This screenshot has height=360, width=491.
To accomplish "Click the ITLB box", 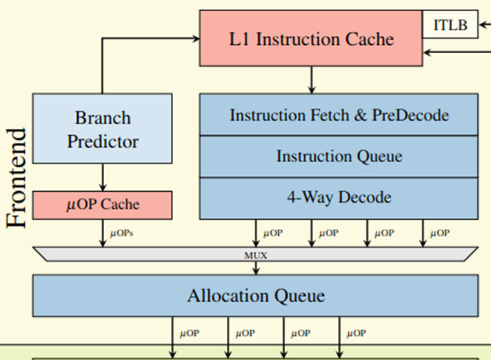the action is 450,24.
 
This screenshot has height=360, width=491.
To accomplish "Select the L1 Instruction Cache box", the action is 311,38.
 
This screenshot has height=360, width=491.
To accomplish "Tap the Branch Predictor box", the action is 102,128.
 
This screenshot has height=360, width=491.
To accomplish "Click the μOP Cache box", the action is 102,205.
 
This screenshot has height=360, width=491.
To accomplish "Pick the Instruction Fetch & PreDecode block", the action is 339,114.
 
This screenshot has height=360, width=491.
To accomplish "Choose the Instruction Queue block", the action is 339,157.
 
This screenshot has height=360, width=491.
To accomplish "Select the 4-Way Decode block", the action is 339,198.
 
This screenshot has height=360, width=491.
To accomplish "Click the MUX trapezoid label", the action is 256,255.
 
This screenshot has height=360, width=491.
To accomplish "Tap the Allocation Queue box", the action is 256,295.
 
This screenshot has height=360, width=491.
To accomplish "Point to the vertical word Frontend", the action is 16,178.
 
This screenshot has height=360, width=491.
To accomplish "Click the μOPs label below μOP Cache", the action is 121,233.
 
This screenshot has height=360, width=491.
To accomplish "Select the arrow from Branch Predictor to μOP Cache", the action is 103,177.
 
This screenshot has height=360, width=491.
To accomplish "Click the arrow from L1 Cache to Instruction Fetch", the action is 311,80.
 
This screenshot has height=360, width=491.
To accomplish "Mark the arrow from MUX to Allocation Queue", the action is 256,268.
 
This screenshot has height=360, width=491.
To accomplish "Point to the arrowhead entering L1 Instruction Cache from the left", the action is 196,39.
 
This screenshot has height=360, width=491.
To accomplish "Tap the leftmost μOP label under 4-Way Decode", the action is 273,233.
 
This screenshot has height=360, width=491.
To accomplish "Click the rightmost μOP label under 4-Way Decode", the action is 440,233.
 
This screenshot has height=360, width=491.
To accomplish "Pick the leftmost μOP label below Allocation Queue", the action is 189,333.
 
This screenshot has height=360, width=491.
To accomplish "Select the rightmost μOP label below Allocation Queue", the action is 357,333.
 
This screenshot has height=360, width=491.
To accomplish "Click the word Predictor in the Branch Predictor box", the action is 103,141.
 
